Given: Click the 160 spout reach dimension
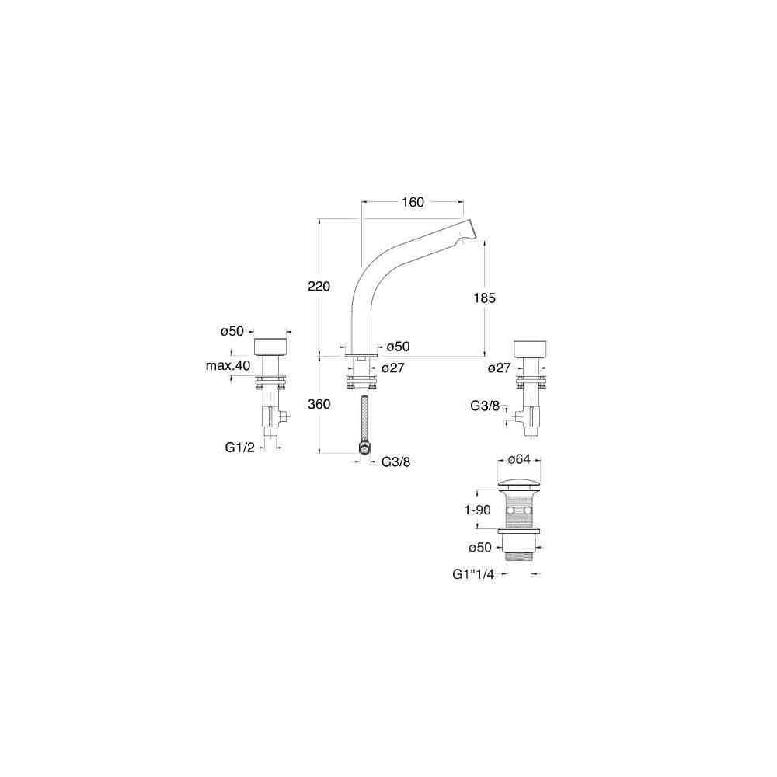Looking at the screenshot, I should tap(413, 203).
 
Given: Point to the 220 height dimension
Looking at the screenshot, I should tap(319, 287).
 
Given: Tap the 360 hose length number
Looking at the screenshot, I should tap(319, 404).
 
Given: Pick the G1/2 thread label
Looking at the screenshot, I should tap(239, 448).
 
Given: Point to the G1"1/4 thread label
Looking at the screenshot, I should tap(473, 573).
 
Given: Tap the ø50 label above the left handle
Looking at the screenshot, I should tap(232, 331).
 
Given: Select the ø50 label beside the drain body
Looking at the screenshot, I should tap(480, 548).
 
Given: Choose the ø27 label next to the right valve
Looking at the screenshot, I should tap(500, 368).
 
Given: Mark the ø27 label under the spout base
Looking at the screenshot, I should tap(393, 368).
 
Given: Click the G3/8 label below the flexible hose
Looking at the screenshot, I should tap(395, 462).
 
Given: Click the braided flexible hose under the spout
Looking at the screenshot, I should tap(363, 420).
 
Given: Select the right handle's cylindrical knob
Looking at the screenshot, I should tap(532, 347).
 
